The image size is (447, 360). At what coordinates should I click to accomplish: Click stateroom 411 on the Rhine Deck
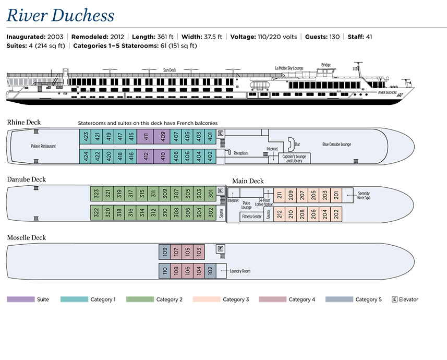pos(146,137)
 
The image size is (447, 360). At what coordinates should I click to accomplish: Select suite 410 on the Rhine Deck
pos(162,156)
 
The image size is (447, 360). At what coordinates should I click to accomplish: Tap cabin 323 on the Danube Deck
pos(96,194)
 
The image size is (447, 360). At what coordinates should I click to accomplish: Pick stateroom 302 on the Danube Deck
pos(210,212)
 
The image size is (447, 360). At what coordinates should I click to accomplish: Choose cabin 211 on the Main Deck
pos(280,196)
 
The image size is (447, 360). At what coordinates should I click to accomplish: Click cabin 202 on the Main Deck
pos(336,214)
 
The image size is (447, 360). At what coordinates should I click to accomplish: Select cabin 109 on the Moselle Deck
pos(164,252)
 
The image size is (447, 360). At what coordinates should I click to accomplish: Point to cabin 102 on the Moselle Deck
pos(210,271)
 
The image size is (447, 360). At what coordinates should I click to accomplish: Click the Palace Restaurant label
pos(43,146)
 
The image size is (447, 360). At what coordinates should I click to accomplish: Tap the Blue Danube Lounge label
pos(336,145)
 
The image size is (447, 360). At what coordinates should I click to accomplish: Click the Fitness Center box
pos(252,217)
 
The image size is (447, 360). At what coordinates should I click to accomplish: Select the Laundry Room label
pos(240,271)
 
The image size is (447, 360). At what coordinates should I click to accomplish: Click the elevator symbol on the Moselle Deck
pos(220,249)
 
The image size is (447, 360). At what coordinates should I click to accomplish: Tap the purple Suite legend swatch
pos(21,299)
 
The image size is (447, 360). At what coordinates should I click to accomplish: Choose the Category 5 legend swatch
pos(339,299)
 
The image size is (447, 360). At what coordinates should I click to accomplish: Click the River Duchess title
pos(60,15)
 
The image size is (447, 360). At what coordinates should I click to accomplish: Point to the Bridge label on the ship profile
pos(326,65)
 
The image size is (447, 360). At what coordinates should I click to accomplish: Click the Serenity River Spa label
pos(364,196)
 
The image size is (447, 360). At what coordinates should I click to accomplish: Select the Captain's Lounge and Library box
pos(294,158)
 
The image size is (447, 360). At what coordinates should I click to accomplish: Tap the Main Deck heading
pos(248,181)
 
